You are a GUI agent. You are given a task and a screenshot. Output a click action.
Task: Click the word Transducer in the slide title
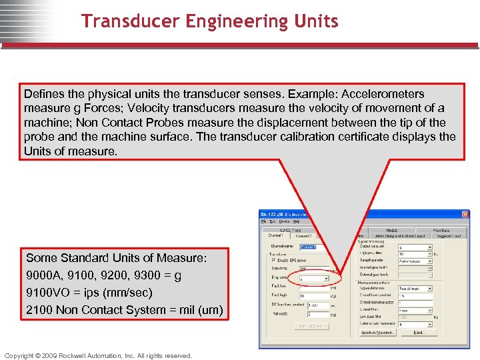point(125,21)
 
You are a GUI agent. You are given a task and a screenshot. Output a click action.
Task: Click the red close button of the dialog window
point(465,215)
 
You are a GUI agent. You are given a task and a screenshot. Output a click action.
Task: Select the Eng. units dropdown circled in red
point(313,278)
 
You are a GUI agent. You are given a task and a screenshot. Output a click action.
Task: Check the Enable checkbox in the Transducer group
point(273,259)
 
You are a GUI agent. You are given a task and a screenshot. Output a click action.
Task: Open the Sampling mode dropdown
point(413,262)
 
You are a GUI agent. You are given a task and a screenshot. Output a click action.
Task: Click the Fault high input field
point(313,296)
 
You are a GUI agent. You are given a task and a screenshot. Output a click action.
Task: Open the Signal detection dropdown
point(413,289)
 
